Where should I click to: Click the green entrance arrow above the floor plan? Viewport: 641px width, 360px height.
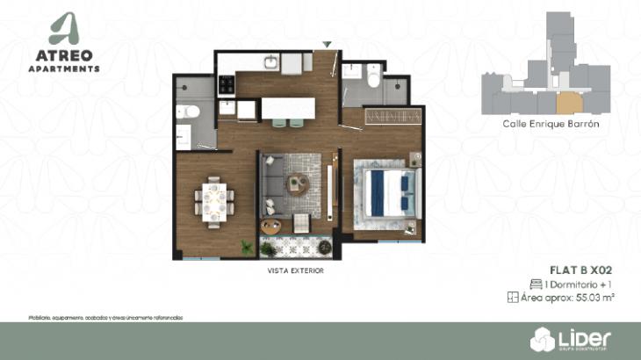pos(327,44)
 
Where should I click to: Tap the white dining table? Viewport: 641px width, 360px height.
pos(213,201)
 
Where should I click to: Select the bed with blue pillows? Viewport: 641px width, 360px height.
pos(385,192)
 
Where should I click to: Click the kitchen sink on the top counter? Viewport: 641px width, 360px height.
pos(272,62)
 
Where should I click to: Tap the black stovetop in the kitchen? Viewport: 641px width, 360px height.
pos(227,85)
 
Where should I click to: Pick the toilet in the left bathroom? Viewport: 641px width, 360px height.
pos(190,113)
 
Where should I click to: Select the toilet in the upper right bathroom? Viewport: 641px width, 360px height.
pos(373,80)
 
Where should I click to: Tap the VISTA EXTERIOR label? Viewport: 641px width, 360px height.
pos(296,270)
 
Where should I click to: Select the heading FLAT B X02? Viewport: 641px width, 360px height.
pos(581,270)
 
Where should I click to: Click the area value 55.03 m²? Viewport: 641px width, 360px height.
pos(594,299)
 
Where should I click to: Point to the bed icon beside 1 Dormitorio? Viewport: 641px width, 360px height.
pos(537,284)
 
